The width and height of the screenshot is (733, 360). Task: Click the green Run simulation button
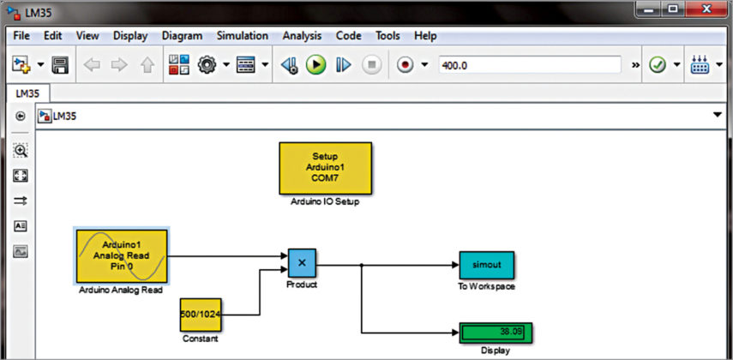(316, 65)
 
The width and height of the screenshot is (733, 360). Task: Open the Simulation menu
(241, 36)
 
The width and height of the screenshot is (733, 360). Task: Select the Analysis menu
(301, 36)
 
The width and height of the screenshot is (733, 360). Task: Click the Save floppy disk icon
(60, 65)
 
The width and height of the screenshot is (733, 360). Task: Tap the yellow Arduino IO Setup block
(326, 168)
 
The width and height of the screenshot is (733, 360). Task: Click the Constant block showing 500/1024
(201, 315)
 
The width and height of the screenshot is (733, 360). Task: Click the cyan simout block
(486, 265)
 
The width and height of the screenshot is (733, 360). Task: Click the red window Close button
(709, 9)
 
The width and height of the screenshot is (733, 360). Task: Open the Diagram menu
(182, 36)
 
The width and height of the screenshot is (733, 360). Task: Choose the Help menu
(425, 36)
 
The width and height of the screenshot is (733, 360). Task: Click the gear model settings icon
(207, 65)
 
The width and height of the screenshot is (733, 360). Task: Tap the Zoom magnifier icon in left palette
(21, 150)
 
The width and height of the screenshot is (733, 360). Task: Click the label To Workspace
(486, 286)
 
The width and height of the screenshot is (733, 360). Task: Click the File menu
(21, 36)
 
